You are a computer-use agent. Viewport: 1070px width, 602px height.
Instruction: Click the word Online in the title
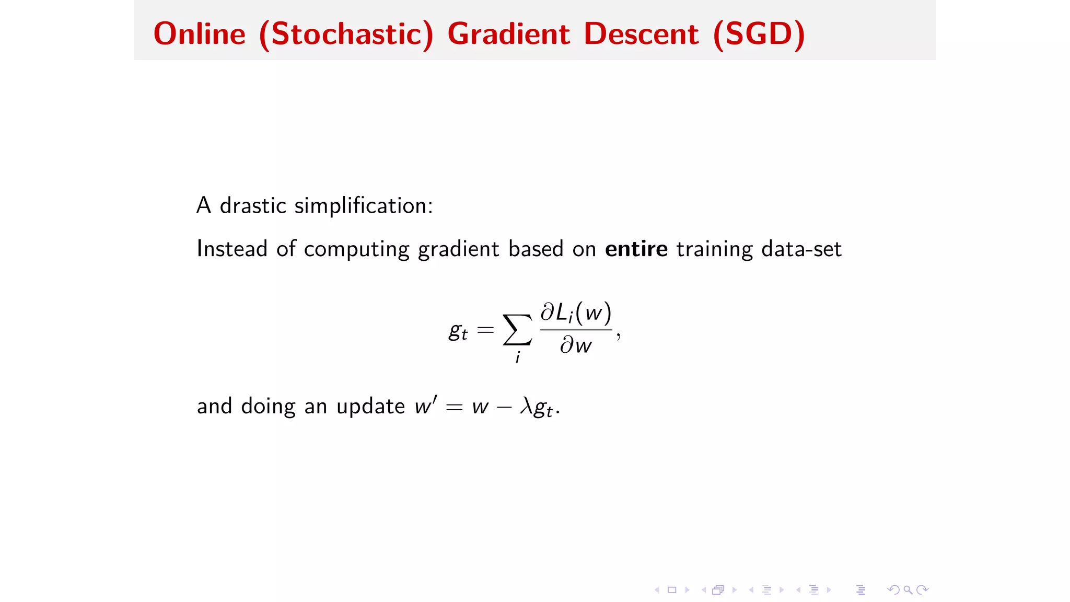[199, 34]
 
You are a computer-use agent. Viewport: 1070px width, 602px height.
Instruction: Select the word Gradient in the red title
[508, 34]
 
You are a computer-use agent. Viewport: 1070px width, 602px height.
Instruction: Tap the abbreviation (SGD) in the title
[759, 34]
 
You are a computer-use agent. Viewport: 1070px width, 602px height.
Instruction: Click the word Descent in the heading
[641, 34]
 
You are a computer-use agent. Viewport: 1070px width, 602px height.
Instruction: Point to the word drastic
[253, 205]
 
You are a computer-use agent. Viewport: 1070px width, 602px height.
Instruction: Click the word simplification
[363, 205]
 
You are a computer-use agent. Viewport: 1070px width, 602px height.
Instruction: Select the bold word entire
[636, 249]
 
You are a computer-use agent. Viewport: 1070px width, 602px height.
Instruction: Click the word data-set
[801, 249]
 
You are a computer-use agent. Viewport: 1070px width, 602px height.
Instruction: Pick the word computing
[356, 249]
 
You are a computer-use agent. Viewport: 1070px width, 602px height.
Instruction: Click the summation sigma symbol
[517, 330]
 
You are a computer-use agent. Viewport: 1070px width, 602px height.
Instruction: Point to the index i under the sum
[517, 357]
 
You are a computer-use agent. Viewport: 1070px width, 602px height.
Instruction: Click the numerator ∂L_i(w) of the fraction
[576, 312]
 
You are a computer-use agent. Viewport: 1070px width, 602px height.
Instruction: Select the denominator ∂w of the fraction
[576, 345]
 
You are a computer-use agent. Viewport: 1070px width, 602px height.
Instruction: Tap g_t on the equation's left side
[458, 331]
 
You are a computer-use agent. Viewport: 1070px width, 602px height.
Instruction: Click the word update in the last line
[370, 406]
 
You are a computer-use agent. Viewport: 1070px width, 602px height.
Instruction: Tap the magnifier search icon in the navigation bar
[908, 590]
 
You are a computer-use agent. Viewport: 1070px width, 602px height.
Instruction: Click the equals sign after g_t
[485, 330]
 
